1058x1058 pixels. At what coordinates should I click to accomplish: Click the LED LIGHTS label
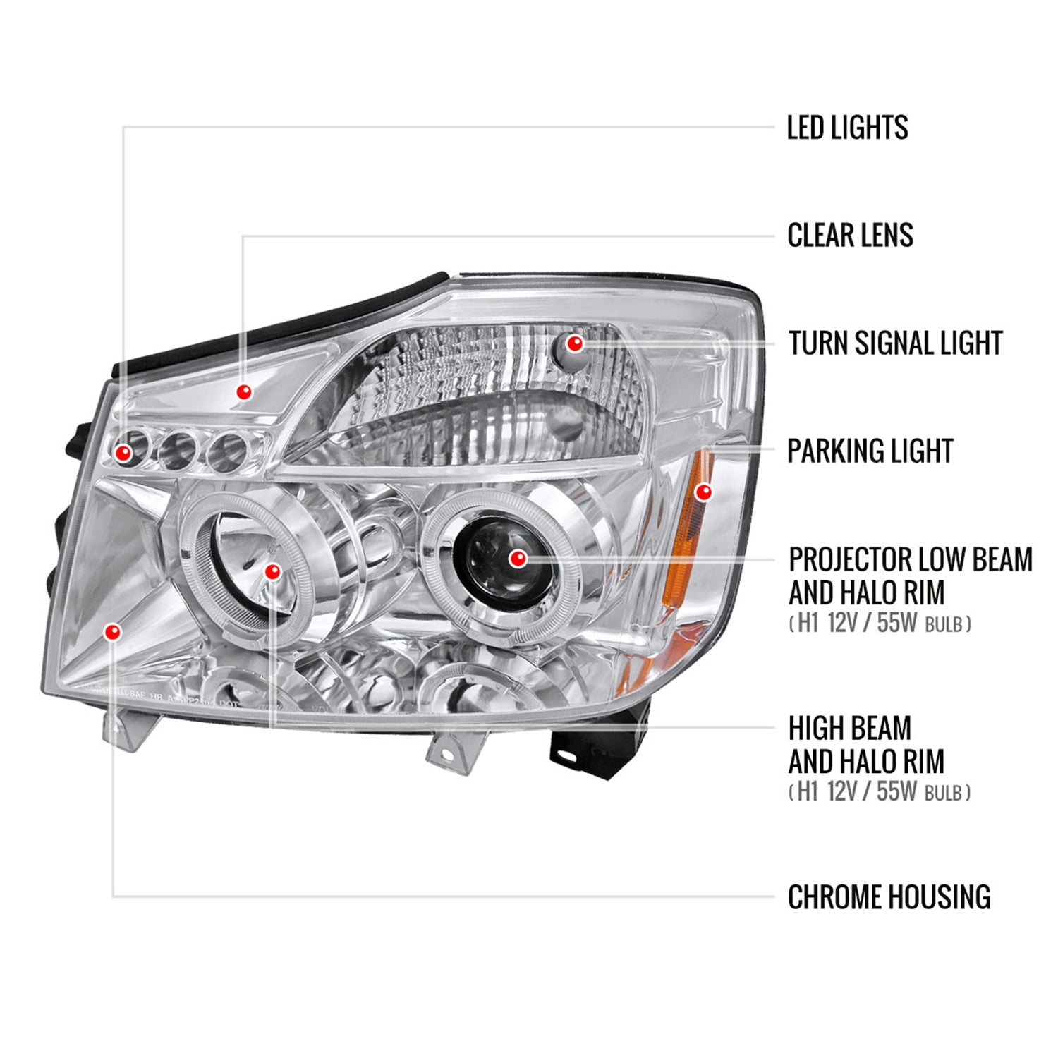point(847,128)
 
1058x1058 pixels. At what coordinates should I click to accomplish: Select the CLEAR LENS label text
point(850,236)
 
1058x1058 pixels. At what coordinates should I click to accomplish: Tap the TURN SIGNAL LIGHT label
point(895,343)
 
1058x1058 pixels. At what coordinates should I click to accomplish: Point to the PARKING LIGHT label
point(870,451)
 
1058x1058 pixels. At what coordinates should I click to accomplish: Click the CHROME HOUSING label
point(889,897)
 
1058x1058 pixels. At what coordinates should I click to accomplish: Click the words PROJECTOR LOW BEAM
point(910,560)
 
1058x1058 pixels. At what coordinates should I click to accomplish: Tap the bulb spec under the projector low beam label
point(880,624)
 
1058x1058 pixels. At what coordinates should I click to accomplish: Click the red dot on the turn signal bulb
point(575,343)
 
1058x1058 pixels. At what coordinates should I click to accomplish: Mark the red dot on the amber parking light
point(703,492)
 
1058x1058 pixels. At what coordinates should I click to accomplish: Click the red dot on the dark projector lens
point(518,559)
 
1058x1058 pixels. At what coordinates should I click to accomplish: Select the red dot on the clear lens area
point(244,391)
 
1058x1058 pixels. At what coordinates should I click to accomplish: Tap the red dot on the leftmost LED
point(124,453)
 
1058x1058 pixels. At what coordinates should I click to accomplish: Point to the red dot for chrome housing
point(113,632)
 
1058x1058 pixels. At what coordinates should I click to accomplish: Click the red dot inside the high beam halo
point(273,571)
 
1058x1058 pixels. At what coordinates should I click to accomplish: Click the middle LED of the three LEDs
point(176,451)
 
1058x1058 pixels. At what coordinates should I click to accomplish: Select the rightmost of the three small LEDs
point(228,450)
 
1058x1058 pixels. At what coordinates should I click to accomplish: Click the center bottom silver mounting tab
point(449,750)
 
